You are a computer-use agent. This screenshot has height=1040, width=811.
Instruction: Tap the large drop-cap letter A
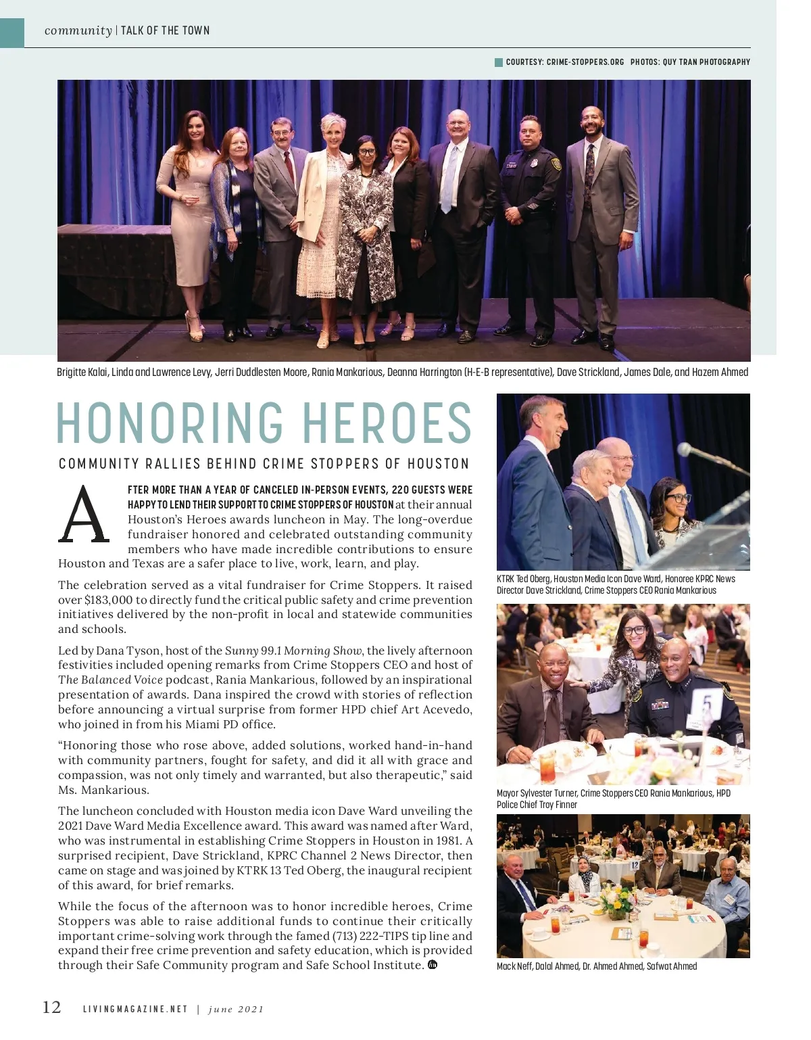[84, 515]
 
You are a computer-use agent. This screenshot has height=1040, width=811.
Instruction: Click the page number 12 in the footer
[52, 1008]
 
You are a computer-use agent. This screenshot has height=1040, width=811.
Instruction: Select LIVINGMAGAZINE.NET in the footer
[135, 1010]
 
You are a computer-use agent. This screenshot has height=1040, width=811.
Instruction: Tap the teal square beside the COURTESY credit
[499, 62]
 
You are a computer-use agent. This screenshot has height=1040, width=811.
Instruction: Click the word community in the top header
[78, 30]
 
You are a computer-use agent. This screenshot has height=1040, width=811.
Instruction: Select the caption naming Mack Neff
[597, 966]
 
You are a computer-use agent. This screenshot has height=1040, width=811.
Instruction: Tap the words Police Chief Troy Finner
[537, 805]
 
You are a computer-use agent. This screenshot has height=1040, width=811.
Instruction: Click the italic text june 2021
[236, 1010]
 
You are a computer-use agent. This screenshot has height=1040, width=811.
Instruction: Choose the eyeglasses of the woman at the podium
[677, 498]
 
